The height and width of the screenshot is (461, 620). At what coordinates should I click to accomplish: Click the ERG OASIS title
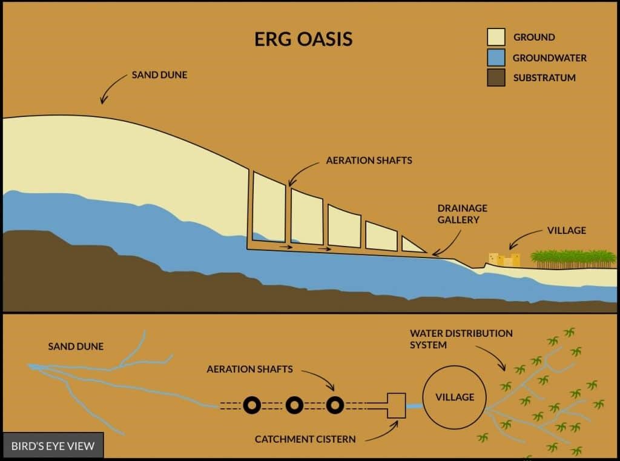pos(303,39)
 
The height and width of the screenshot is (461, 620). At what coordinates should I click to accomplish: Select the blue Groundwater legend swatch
pos(496,58)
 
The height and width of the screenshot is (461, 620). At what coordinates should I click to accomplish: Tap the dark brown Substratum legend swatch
pos(496,78)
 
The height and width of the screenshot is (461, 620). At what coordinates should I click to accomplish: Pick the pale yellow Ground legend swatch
pos(496,37)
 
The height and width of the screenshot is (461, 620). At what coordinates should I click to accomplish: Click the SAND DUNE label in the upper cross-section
pos(159,75)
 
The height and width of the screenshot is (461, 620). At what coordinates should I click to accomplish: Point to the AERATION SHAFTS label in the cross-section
pos(369,161)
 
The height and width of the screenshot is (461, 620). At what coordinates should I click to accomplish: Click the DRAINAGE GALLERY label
pos(462,214)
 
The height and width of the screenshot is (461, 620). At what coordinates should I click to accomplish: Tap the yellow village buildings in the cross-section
pos(504,260)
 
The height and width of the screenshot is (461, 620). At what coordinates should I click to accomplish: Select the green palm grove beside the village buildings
pos(573,259)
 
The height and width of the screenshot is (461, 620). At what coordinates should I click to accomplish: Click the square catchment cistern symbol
pos(396,406)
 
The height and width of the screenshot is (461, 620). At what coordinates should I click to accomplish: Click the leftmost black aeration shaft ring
pos(252,405)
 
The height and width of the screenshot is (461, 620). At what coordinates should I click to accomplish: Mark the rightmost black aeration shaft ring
pos(334,405)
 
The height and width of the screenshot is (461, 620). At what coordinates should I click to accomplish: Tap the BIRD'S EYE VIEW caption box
pos(53,446)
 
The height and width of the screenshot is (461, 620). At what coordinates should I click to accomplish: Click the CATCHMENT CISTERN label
pos(305,439)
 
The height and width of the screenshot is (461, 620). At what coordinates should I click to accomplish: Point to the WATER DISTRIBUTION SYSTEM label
pos(461,339)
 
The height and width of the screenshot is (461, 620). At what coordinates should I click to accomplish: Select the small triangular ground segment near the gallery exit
pos(411,245)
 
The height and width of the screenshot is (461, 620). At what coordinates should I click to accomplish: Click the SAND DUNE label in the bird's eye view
pos(76,347)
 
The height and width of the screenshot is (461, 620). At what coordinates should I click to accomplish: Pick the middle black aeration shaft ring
pos(294,405)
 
